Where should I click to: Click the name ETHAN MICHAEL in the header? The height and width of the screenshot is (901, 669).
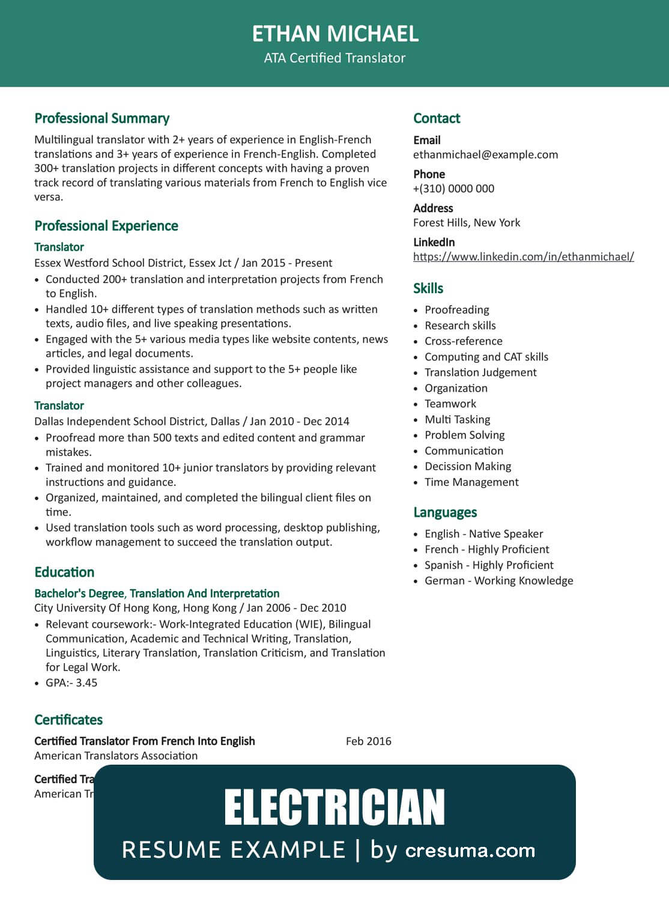pyautogui.click(x=334, y=34)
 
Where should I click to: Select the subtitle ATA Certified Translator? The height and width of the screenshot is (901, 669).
pyautogui.click(x=334, y=58)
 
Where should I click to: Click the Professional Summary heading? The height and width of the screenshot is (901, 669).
pyautogui.click(x=102, y=118)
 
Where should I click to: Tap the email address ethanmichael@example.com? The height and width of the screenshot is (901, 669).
pyautogui.click(x=485, y=154)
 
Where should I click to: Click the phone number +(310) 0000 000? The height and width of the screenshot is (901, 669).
pyautogui.click(x=453, y=189)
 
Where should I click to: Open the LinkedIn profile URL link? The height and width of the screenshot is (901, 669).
pyautogui.click(x=523, y=256)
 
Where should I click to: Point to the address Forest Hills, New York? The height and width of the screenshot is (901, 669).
pyautogui.click(x=467, y=223)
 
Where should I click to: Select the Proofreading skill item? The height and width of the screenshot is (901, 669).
pyautogui.click(x=456, y=310)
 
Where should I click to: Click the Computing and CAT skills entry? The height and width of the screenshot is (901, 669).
pyautogui.click(x=486, y=357)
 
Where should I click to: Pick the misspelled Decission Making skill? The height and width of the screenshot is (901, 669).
pyautogui.click(x=468, y=466)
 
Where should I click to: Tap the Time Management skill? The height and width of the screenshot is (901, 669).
pyautogui.click(x=471, y=482)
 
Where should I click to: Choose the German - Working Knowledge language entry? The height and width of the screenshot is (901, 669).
pyautogui.click(x=498, y=581)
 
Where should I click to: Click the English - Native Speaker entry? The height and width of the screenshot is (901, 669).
pyautogui.click(x=483, y=534)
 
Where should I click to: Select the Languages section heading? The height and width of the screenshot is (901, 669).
pyautogui.click(x=445, y=512)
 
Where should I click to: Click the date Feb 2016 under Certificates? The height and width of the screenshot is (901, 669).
pyautogui.click(x=368, y=741)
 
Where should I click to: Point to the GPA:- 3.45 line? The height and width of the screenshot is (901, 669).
pyautogui.click(x=71, y=683)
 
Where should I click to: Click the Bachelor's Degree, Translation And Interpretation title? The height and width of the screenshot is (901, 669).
pyautogui.click(x=157, y=593)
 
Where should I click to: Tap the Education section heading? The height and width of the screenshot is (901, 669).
pyautogui.click(x=64, y=572)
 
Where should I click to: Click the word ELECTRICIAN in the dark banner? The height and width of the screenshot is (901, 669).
pyautogui.click(x=334, y=808)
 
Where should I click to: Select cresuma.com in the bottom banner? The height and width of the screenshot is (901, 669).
pyautogui.click(x=470, y=851)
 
